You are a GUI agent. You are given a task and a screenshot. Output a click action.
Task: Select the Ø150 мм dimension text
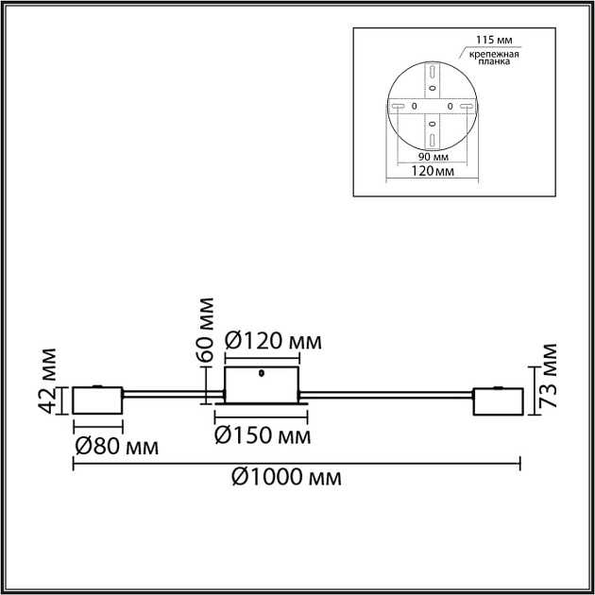coord(263,435)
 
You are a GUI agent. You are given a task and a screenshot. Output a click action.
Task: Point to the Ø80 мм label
coord(115,444)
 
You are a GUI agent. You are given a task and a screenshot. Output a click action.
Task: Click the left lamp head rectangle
coord(97,399)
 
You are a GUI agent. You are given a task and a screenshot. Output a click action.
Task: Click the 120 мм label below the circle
coord(428,173)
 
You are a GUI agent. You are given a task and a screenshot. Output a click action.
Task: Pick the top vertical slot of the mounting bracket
coord(431,72)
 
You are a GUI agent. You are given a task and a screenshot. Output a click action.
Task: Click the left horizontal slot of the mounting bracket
coord(398,105)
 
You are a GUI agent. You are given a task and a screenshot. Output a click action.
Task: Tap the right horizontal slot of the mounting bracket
coord(465,105)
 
